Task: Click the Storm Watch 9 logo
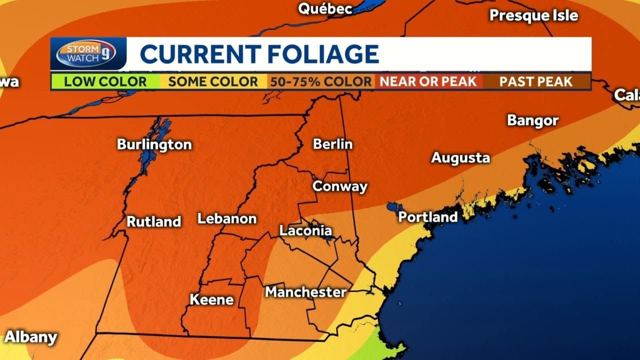86,53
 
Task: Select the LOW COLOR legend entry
105,81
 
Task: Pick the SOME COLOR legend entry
213,81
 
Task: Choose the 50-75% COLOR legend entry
321,81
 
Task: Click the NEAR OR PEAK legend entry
428,81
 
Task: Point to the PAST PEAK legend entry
535,81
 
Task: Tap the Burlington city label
154,144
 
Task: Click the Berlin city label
332,144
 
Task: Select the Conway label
340,186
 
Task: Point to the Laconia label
305,230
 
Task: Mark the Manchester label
305,291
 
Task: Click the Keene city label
211,299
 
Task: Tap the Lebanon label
227,218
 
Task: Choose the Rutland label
153,221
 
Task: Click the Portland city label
428,217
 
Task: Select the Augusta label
460,158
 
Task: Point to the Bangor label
532,120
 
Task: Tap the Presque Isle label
533,15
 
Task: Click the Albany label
30,337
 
